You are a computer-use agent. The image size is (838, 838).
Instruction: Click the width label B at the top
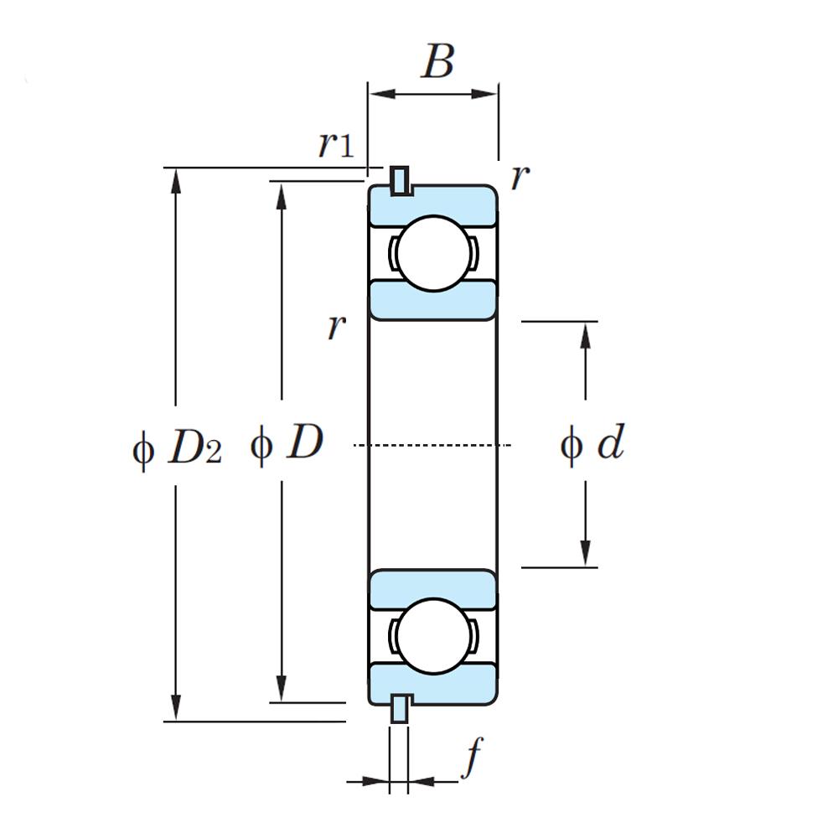click(438, 61)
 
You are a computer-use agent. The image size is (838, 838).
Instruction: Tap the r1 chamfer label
click(336, 144)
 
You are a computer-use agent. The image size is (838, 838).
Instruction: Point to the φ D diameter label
click(287, 445)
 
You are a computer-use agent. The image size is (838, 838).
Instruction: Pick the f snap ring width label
click(473, 758)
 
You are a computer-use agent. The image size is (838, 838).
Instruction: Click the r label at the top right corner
click(520, 178)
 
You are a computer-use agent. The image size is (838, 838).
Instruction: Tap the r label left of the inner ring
click(337, 326)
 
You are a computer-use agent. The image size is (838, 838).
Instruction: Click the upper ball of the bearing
click(434, 253)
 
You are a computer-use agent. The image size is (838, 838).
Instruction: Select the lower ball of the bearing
click(434, 636)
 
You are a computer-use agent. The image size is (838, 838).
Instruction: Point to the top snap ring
click(400, 181)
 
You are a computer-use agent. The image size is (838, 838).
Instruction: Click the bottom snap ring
click(400, 709)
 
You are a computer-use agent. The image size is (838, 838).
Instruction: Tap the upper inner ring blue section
click(433, 300)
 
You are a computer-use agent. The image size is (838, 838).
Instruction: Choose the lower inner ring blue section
click(433, 589)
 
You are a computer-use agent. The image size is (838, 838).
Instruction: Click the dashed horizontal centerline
click(432, 445)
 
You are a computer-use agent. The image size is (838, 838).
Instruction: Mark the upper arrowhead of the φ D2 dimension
click(175, 181)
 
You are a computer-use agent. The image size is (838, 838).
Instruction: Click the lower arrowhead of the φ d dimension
click(586, 553)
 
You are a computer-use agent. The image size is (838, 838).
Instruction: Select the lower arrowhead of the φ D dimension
click(281, 688)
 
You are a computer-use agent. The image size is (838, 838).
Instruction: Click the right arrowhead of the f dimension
click(422, 781)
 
